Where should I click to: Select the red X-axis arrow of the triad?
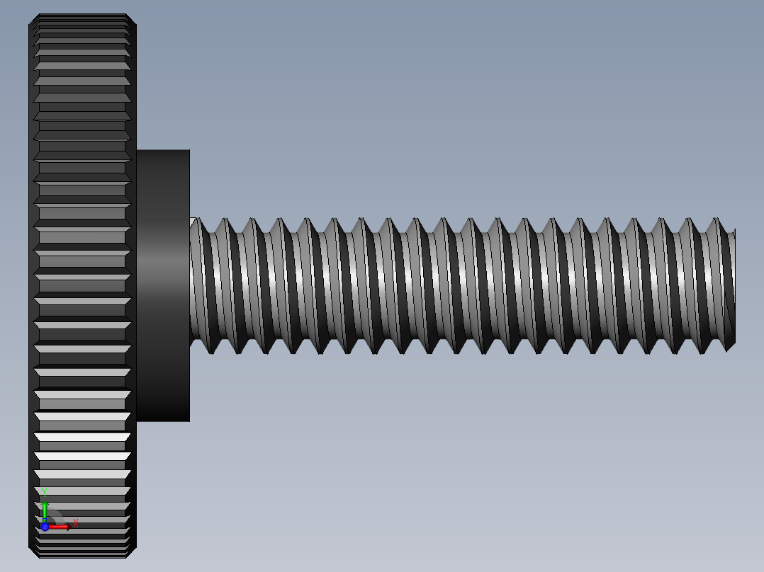click(x=60, y=527)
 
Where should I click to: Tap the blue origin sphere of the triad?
click(x=45, y=527)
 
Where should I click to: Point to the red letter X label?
click(x=75, y=524)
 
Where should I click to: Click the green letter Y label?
click(x=44, y=491)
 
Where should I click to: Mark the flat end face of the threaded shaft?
click(x=734, y=287)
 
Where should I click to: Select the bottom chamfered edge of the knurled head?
click(x=82, y=554)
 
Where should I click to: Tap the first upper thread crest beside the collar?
click(x=200, y=220)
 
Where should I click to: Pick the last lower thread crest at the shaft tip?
click(x=729, y=349)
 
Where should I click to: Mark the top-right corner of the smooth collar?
click(x=189, y=151)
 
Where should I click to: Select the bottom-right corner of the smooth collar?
click(x=189, y=421)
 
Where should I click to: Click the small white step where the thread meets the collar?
click(x=193, y=221)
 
